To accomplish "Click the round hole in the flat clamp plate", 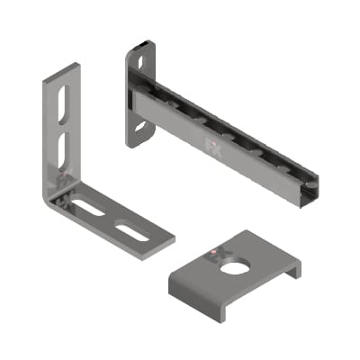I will [236, 267].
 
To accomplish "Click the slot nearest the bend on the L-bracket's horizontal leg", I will [89, 208].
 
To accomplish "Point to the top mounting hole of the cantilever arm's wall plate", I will [139, 60].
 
